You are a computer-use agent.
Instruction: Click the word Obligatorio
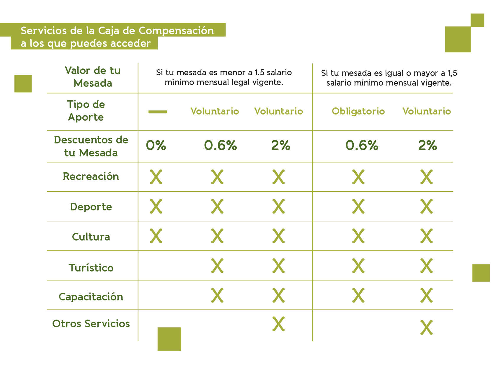(x=358, y=111)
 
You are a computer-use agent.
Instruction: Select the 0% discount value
(x=156, y=145)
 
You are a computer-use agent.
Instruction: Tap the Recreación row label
(x=91, y=176)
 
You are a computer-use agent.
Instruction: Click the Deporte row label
(x=91, y=207)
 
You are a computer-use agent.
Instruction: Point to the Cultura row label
(x=91, y=237)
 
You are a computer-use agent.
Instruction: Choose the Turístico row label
(x=91, y=268)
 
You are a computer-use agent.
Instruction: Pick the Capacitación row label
(x=91, y=297)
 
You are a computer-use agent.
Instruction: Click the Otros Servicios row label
(x=91, y=324)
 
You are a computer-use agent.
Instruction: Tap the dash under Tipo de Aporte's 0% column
(x=158, y=112)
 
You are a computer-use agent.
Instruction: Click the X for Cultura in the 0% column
(x=156, y=236)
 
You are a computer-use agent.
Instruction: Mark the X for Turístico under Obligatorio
(x=358, y=266)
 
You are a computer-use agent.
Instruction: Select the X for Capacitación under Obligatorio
(x=358, y=295)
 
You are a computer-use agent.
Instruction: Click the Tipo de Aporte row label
(x=86, y=111)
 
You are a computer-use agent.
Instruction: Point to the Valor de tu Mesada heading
(x=93, y=77)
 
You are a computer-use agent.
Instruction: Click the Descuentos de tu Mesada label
(x=91, y=146)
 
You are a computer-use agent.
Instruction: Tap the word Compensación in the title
(x=176, y=31)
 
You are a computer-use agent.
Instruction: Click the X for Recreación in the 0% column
(x=156, y=177)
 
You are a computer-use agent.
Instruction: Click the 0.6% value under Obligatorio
(x=362, y=145)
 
